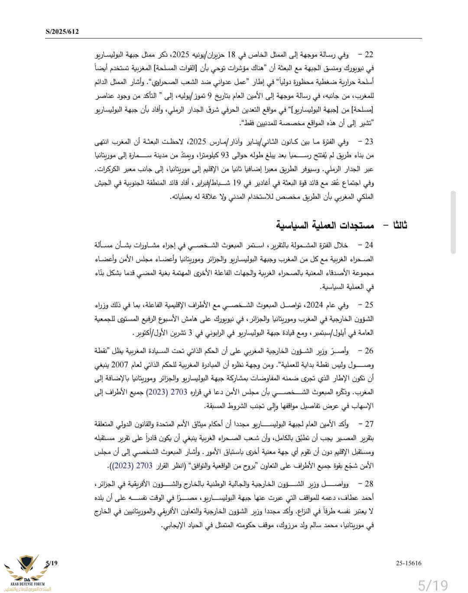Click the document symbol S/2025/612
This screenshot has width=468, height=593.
(62, 32)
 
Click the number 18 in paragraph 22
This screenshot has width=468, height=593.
(231, 55)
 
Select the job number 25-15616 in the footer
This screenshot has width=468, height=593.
(408, 563)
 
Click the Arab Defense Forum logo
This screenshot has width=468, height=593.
(26, 573)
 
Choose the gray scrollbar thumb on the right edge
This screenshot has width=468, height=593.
(453, 222)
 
